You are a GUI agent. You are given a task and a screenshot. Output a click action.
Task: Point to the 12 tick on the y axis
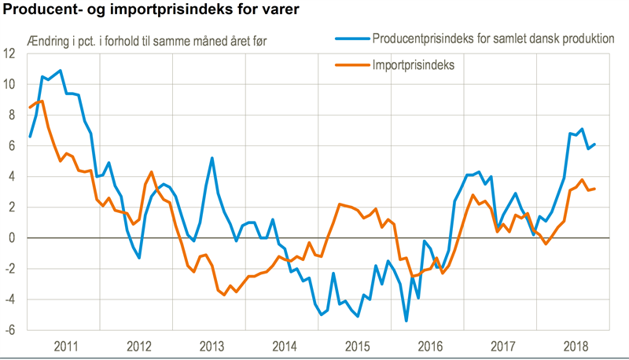tap(10, 53)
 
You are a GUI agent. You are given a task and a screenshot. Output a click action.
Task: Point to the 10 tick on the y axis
tap(10, 84)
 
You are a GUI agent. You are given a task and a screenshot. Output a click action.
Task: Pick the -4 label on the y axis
tap(10, 299)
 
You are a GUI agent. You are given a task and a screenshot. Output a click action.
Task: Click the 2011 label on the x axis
tap(66, 346)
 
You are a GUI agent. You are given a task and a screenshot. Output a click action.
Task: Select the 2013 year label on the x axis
tap(211, 346)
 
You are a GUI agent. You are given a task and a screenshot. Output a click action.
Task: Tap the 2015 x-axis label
tap(357, 346)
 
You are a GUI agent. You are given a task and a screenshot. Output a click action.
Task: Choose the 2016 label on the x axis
tap(429, 346)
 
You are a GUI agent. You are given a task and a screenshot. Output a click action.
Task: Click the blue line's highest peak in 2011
tap(61, 71)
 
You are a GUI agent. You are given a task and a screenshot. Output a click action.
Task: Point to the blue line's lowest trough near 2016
tap(406, 321)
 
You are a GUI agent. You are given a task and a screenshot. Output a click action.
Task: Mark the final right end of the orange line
tap(594, 189)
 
